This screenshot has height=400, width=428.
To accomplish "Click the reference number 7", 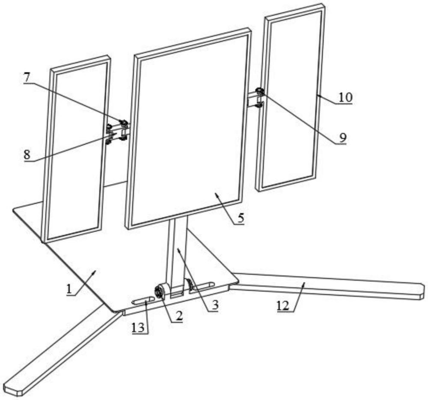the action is (x=27, y=78).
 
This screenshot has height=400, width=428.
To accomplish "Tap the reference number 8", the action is (x=27, y=155).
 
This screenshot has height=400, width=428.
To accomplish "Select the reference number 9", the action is (x=343, y=137).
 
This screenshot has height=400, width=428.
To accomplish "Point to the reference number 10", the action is (x=345, y=97).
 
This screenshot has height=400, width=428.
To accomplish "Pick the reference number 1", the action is (x=69, y=288).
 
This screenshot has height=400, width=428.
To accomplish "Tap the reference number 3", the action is (x=215, y=304).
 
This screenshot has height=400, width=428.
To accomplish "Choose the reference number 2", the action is (x=179, y=316).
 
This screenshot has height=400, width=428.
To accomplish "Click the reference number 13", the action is (x=138, y=327).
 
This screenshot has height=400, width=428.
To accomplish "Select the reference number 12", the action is (x=283, y=306).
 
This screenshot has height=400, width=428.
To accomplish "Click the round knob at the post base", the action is (x=159, y=292).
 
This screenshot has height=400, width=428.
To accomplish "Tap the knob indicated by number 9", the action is (x=260, y=91).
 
